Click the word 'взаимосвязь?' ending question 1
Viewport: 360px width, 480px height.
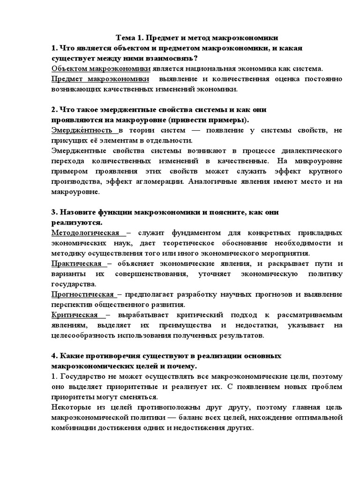point(169,58)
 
